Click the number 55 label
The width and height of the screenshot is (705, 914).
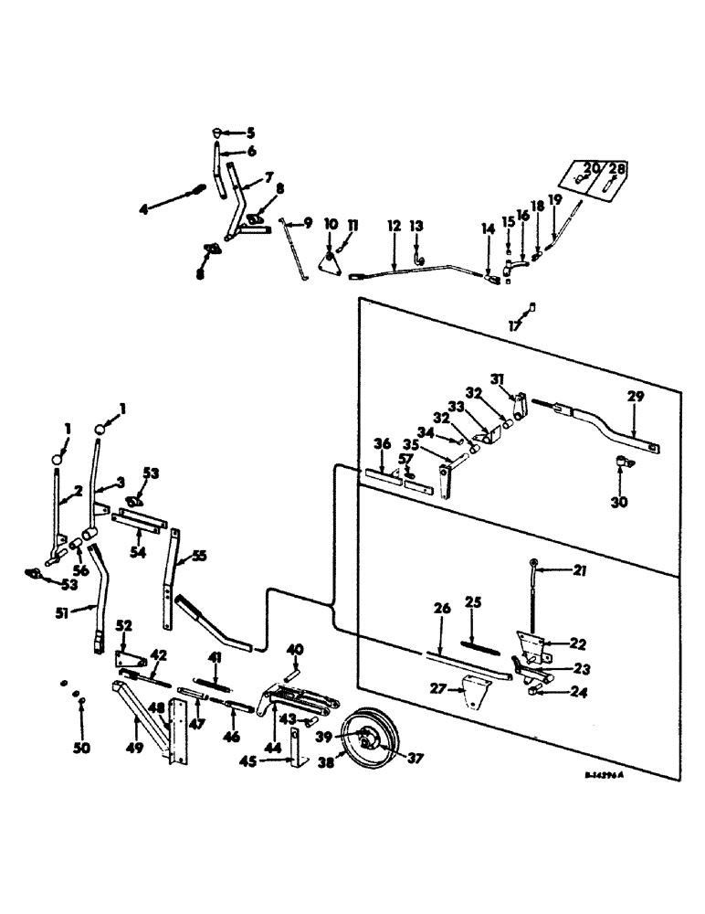click(x=198, y=555)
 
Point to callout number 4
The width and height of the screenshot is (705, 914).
click(x=143, y=209)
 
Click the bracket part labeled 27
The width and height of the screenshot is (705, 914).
click(x=476, y=688)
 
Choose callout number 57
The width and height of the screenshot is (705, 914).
click(x=405, y=460)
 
